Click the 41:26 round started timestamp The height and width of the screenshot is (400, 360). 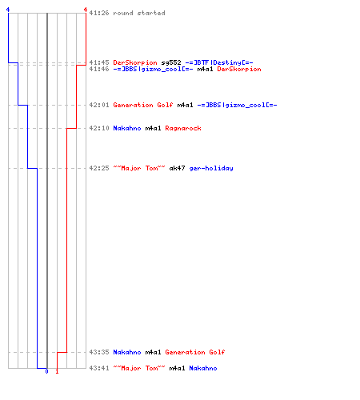(x=99, y=13)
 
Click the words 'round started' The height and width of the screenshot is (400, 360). (x=139, y=13)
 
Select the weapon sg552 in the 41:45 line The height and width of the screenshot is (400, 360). (x=171, y=62)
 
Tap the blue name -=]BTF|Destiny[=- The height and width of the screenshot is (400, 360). (x=219, y=62)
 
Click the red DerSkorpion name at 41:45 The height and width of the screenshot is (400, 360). (x=135, y=62)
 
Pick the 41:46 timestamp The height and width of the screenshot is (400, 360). (x=99, y=69)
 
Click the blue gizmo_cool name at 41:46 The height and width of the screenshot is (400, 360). (x=153, y=69)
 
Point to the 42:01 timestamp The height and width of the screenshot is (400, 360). (x=99, y=105)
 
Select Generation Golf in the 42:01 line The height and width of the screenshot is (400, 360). (x=143, y=105)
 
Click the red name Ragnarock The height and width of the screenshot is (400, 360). (x=183, y=128)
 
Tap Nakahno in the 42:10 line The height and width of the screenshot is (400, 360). (x=127, y=128)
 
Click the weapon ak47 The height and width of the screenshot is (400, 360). (x=177, y=168)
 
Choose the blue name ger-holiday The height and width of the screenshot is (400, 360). (x=211, y=168)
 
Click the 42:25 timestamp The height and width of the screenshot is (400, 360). (x=99, y=168)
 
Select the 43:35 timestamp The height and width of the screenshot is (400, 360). (x=99, y=352)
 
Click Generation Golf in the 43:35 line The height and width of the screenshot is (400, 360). (x=195, y=352)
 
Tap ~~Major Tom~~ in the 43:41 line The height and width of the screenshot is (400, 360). (x=139, y=368)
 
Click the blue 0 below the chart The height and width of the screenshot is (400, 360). (x=46, y=371)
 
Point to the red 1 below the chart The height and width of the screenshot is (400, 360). (x=57, y=371)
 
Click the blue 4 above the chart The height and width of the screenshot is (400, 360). (x=8, y=10)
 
